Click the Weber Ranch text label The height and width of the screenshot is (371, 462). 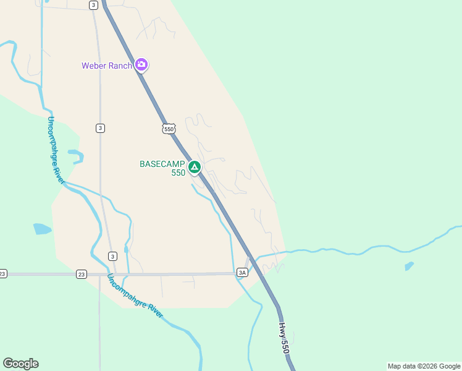point(107,66)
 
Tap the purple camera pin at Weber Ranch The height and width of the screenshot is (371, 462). point(141,64)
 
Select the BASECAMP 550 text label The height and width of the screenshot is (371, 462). point(162,168)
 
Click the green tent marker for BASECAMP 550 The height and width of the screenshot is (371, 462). point(195,167)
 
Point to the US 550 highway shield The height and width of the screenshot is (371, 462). point(170,128)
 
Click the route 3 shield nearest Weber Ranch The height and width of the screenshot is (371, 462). point(93,5)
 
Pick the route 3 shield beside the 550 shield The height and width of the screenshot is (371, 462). point(100,128)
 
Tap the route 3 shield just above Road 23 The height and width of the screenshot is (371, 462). point(112,256)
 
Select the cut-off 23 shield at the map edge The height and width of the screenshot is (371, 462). point(2,274)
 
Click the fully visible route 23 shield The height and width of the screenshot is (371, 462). point(81,274)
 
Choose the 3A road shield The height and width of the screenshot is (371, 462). point(242,272)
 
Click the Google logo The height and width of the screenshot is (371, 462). point(20,364)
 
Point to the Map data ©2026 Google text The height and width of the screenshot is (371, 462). point(424,366)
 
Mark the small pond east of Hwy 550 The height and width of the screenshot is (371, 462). point(409,267)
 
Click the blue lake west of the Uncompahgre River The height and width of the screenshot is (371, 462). point(41,229)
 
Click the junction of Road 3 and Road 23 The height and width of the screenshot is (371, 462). point(115,274)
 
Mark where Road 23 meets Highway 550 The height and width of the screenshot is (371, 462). point(258,273)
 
